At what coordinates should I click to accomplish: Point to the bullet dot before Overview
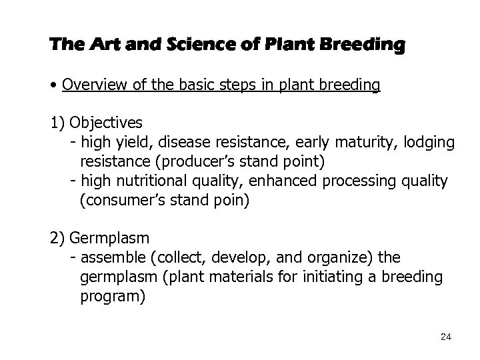point(53,86)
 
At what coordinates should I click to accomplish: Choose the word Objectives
point(105,123)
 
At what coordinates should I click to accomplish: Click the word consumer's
point(121,201)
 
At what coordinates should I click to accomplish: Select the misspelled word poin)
point(229,201)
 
